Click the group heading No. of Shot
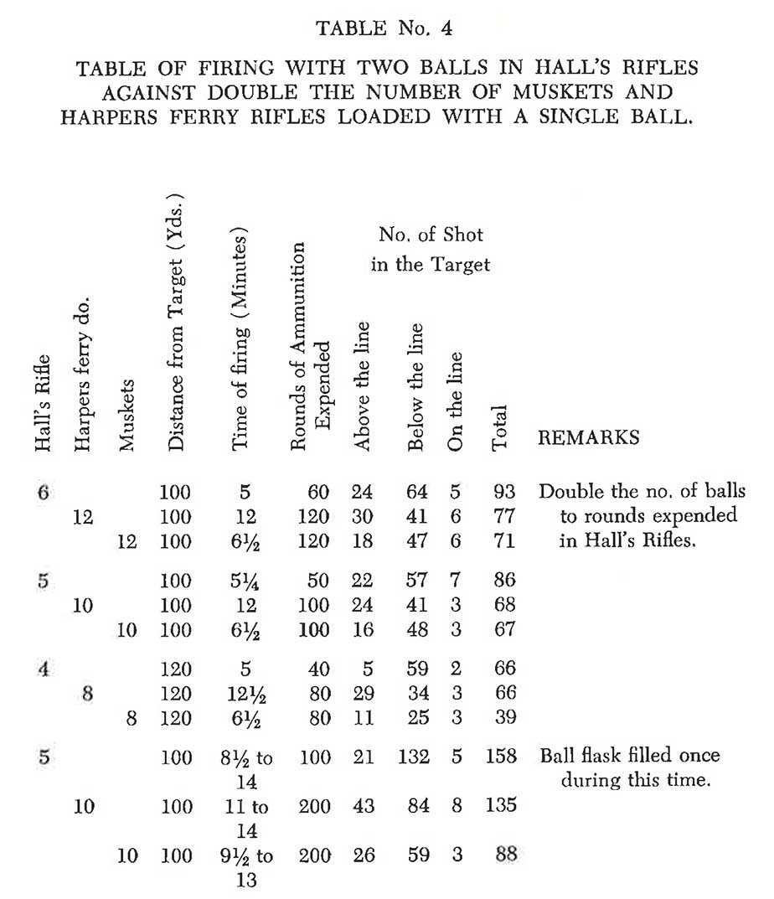point(431,235)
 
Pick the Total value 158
point(500,757)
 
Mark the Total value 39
point(503,718)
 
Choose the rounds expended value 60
point(318,492)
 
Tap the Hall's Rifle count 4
point(43,668)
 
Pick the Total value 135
point(500,806)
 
